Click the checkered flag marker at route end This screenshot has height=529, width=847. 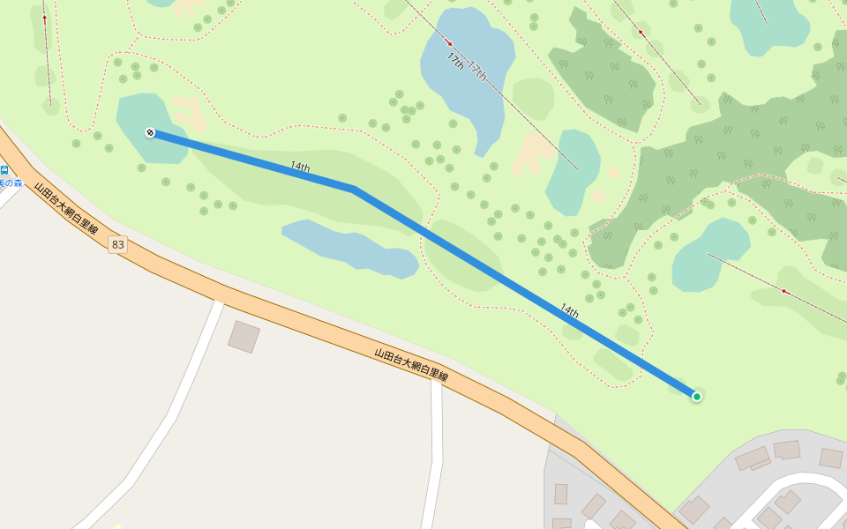pos(151,132)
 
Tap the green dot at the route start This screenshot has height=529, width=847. pos(697,397)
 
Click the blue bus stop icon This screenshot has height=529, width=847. pos(5,169)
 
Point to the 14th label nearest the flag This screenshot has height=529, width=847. pos(300,167)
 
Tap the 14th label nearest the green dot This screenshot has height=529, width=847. pos(570,310)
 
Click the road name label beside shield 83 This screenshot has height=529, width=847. pos(65,207)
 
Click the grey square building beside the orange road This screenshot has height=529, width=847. pos(244,337)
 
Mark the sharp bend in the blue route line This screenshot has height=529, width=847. pos(354,189)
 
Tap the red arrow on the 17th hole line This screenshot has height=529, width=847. pos(448,41)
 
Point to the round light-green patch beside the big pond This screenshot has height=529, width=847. pos(533,97)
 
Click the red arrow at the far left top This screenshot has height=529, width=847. pos(44,17)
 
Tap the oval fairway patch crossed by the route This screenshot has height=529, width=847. pos(462,256)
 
